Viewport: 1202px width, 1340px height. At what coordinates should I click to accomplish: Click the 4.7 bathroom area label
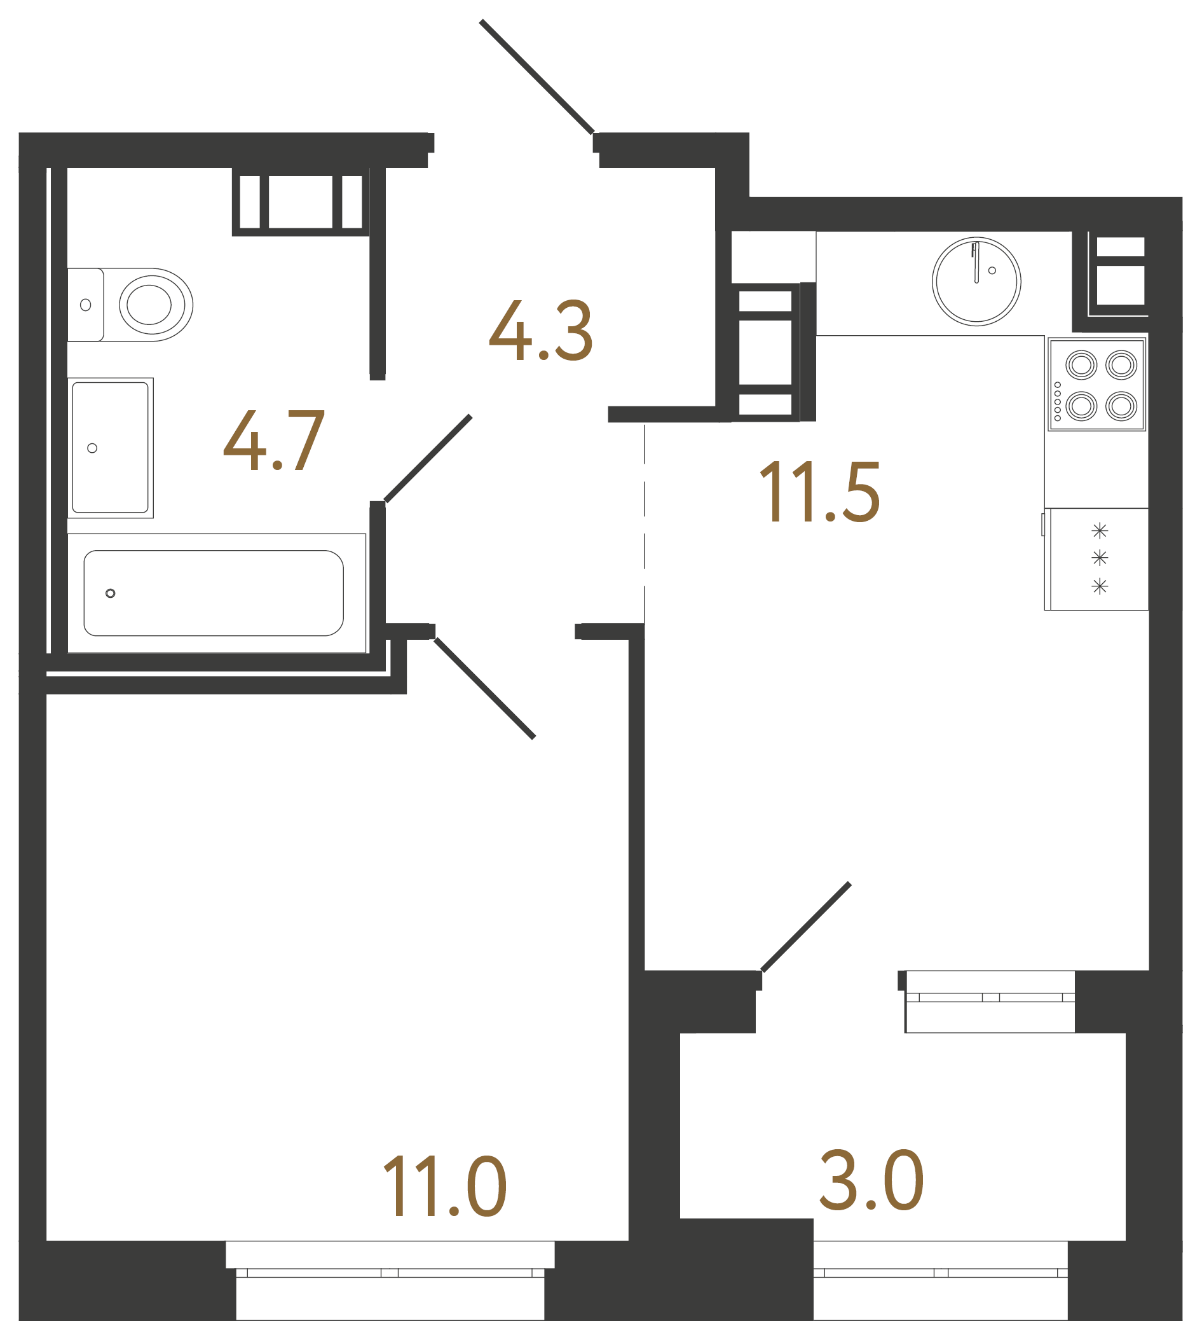click(274, 440)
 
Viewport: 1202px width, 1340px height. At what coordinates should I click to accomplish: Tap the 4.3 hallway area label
click(540, 330)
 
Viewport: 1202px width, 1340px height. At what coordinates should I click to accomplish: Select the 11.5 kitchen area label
click(819, 492)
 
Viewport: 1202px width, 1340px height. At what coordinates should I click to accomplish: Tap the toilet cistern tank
click(86, 305)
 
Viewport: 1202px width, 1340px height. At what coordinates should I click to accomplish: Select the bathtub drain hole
click(111, 593)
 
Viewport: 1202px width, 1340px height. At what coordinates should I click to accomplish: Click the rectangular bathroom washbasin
click(111, 447)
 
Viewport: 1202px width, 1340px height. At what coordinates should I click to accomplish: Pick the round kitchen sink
click(976, 282)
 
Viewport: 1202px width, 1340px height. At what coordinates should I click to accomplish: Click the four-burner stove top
click(1097, 385)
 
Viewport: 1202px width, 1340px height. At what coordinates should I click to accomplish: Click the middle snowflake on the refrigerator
click(1100, 558)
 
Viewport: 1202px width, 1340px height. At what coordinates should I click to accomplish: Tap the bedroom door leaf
click(484, 689)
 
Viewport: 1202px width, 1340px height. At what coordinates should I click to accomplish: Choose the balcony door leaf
click(806, 927)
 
